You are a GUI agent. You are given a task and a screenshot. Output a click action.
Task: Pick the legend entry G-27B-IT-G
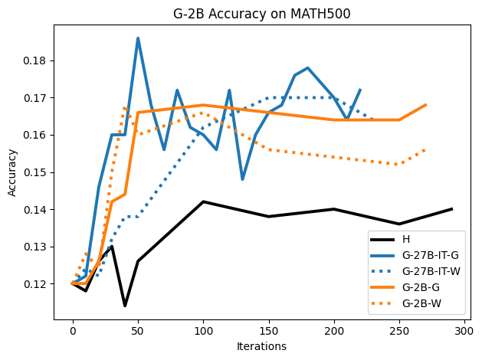(x=429, y=255)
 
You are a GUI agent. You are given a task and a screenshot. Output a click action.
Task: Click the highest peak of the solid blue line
(x=138, y=38)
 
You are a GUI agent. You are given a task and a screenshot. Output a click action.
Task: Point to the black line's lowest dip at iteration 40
(x=125, y=306)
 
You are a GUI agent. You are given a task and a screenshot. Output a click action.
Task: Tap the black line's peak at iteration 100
(x=203, y=201)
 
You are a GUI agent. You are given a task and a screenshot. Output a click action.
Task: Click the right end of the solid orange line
(x=425, y=105)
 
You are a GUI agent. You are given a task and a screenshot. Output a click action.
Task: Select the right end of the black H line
(x=451, y=209)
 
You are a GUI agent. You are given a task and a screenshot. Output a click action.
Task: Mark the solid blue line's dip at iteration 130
(x=242, y=179)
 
